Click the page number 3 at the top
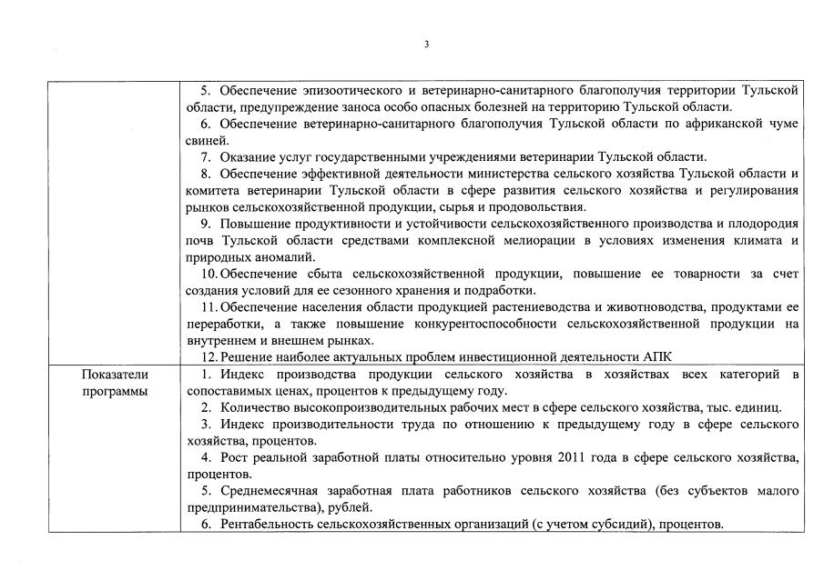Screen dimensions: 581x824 click(x=426, y=45)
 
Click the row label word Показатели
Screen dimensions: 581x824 click(x=115, y=375)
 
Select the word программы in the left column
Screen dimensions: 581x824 click(x=115, y=391)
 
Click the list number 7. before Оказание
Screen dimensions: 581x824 click(x=207, y=157)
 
